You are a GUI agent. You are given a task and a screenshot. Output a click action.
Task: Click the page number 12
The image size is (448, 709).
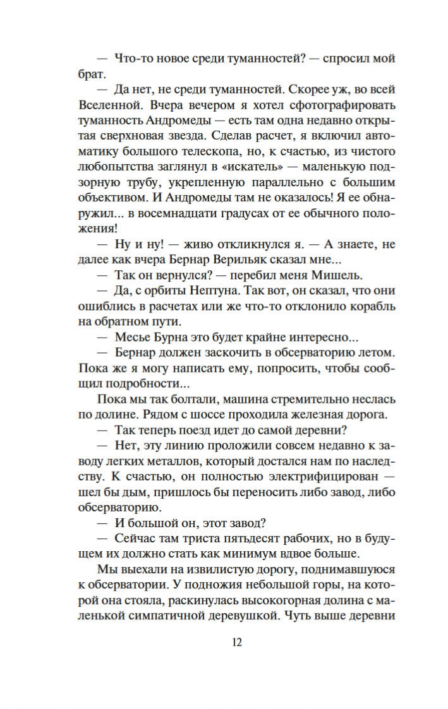point(237,642)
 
